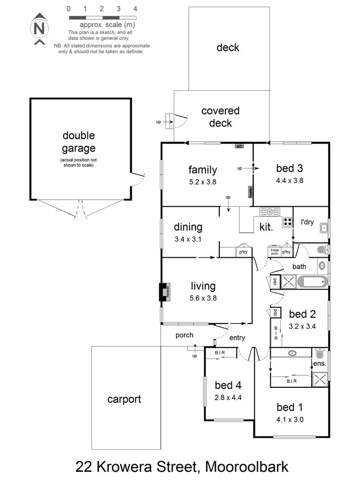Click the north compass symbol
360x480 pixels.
click(40, 28)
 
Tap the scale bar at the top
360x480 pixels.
click(102, 17)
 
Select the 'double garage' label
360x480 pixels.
click(79, 142)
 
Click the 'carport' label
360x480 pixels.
click(124, 399)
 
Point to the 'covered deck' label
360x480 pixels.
click(220, 117)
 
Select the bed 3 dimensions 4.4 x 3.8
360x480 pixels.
click(289, 181)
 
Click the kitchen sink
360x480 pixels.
click(270, 211)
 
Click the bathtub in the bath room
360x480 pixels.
click(312, 281)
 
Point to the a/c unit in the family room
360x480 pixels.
click(239, 145)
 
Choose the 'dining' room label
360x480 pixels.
click(188, 227)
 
